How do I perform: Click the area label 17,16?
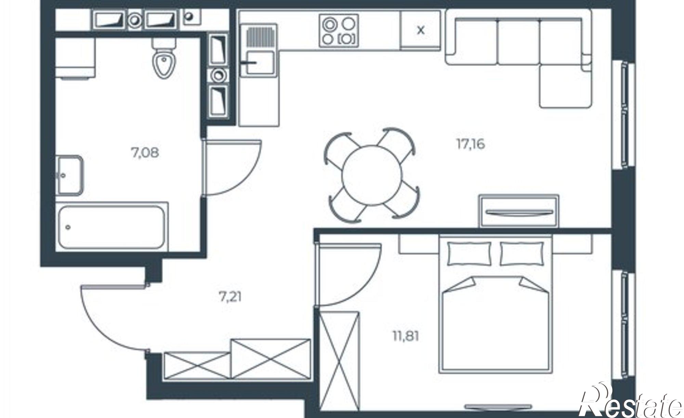pyautogui.click(x=471, y=145)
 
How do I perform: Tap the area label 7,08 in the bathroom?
pyautogui.click(x=145, y=152)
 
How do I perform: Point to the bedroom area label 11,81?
pyautogui.click(x=405, y=336)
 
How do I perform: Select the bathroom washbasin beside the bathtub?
pyautogui.click(x=69, y=175)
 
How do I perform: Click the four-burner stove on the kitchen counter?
pyautogui.click(x=339, y=30)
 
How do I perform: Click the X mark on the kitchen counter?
pyautogui.click(x=421, y=30)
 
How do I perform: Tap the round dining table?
pyautogui.click(x=371, y=175)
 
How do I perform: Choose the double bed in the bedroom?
pyautogui.click(x=496, y=304)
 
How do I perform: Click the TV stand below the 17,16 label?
pyautogui.click(x=519, y=211)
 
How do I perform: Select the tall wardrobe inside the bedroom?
pyautogui.click(x=339, y=359)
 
